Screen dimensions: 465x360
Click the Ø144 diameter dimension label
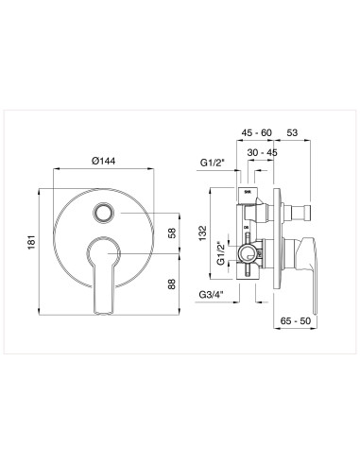[x=106, y=161]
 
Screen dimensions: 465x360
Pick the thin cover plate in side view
[x=275, y=240]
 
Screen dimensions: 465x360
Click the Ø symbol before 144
[x=96, y=161]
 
